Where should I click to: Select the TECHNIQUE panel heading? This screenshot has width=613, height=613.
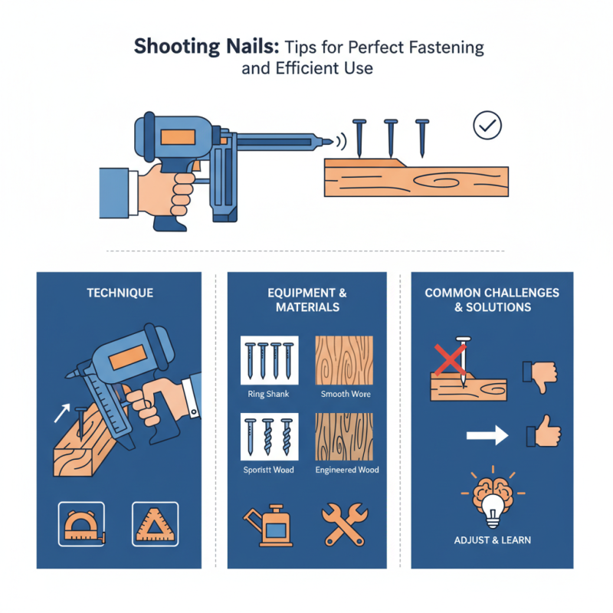point(120,293)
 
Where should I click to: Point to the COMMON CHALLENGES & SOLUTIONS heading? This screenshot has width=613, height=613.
point(492,300)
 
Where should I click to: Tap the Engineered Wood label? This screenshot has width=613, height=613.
point(347,470)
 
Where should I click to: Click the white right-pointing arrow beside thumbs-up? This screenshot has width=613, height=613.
point(487,436)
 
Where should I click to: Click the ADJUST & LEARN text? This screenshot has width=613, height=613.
point(492,539)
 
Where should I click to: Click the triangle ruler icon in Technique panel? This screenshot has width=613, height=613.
point(155,524)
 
